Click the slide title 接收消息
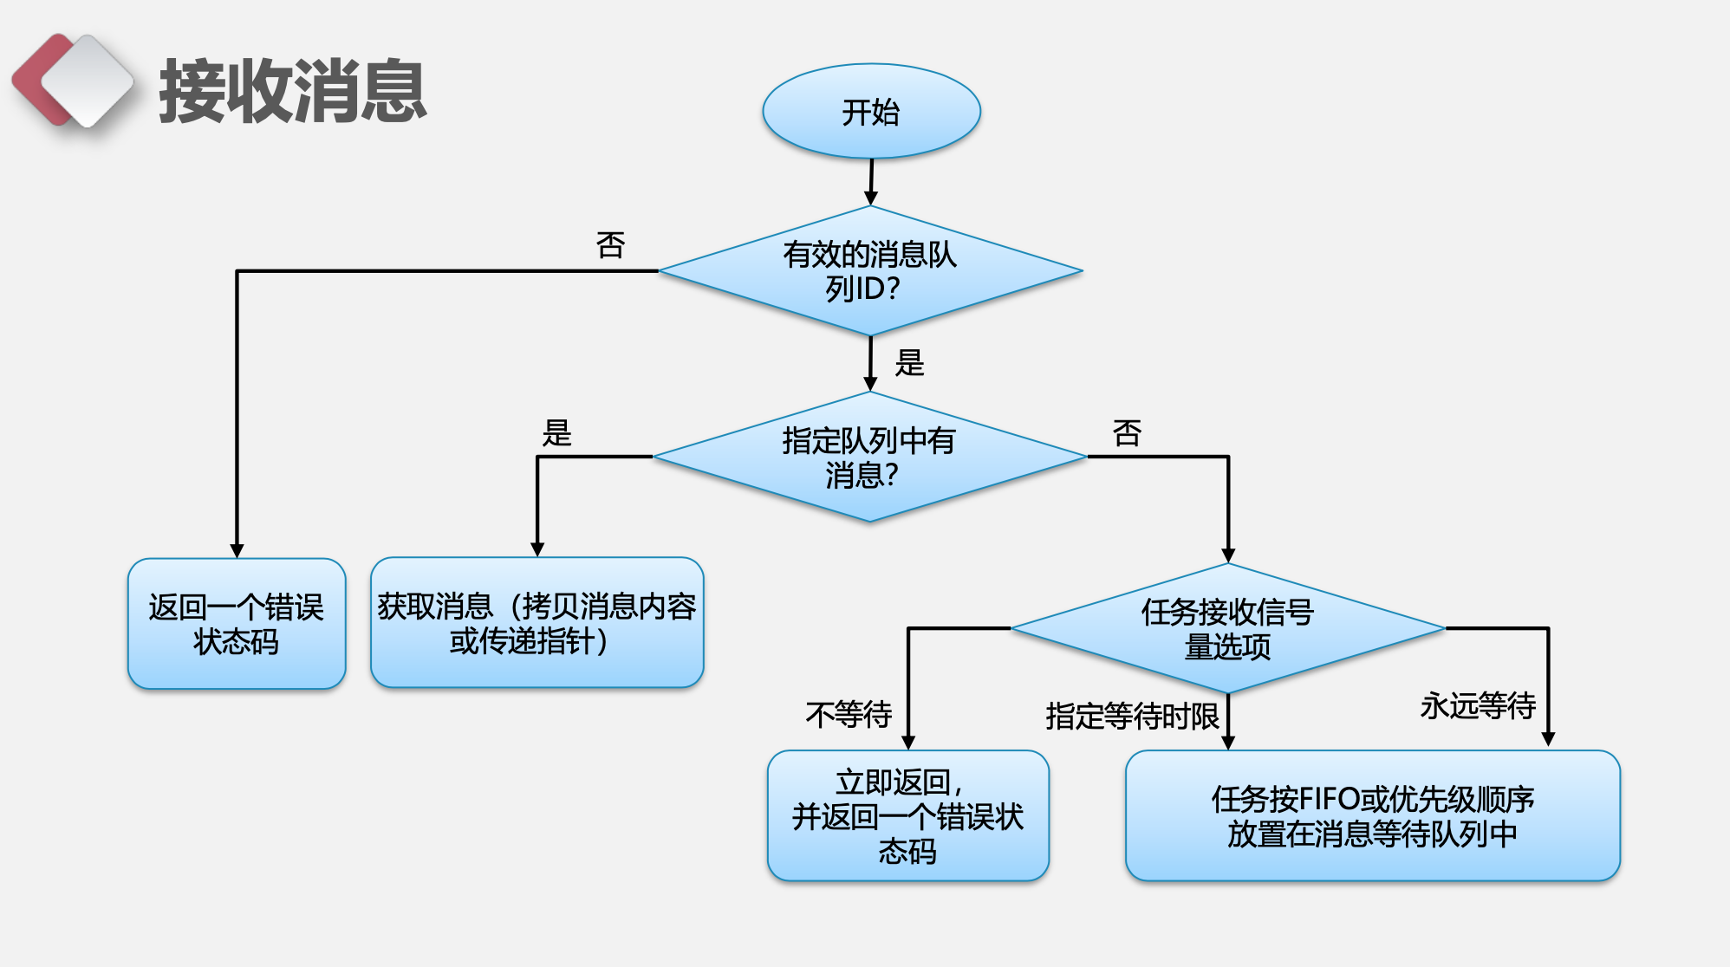click(x=292, y=91)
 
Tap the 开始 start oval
click(x=871, y=112)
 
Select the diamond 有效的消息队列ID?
click(x=870, y=271)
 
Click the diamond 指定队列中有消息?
click(x=869, y=457)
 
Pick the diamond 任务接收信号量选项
click(x=1227, y=628)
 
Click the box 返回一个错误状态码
click(x=237, y=624)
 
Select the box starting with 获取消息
click(x=537, y=623)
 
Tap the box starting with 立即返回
click(x=907, y=816)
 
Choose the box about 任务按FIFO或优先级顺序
click(x=1372, y=816)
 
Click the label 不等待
click(x=849, y=715)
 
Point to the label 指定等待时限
click(x=1132, y=717)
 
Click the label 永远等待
click(x=1478, y=706)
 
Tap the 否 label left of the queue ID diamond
click(x=610, y=245)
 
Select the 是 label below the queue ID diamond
click(x=909, y=362)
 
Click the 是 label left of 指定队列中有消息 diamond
click(x=557, y=432)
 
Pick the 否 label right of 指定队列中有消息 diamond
click(x=1127, y=432)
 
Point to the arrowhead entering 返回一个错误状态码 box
click(x=237, y=551)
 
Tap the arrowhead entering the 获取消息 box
click(x=537, y=549)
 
